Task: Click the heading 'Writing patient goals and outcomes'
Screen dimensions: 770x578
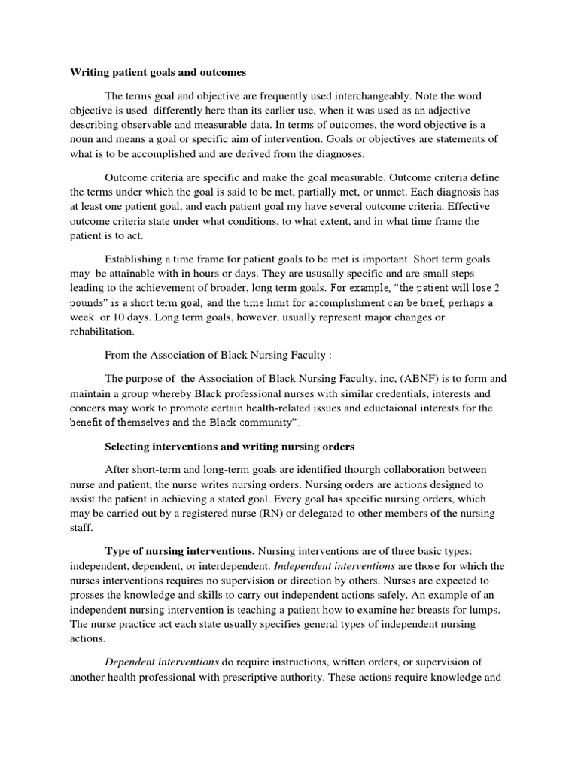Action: click(x=158, y=73)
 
